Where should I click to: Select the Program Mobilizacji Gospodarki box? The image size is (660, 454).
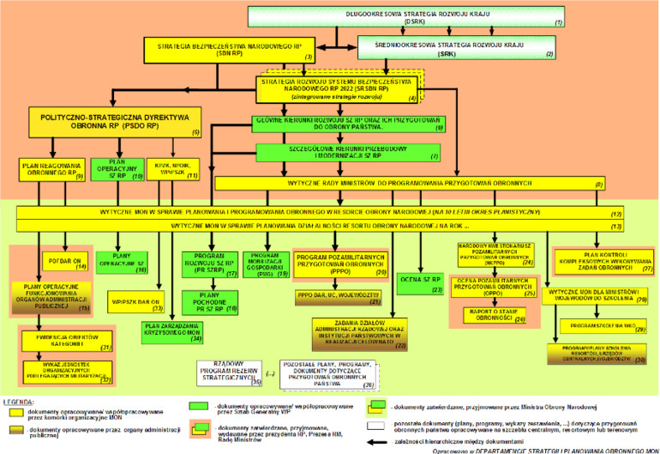pyautogui.click(x=266, y=262)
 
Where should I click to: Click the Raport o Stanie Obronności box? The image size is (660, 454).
pyautogui.click(x=484, y=313)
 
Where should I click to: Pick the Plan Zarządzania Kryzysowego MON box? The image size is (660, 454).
pyautogui.click(x=172, y=331)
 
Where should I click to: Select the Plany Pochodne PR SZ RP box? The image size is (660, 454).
pyautogui.click(x=207, y=300)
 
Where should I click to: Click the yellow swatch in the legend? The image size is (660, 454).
pyautogui.click(x=14, y=414)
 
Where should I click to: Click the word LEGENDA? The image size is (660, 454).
pyautogui.click(x=19, y=401)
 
